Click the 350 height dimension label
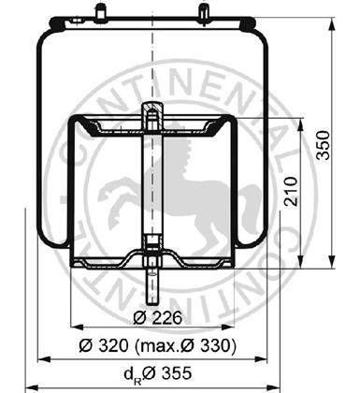(x=323, y=145)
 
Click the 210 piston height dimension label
(x=291, y=191)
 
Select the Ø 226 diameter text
(x=157, y=318)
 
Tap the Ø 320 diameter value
(x=104, y=345)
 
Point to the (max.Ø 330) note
(x=186, y=345)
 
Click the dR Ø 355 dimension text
(x=157, y=373)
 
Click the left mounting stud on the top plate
(x=100, y=11)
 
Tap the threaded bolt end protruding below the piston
(x=152, y=287)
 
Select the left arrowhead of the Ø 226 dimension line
(x=78, y=327)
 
